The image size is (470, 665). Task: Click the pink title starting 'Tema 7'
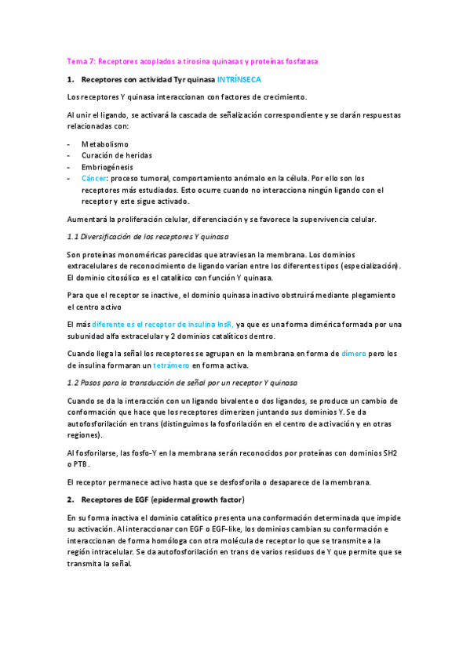[x=192, y=61]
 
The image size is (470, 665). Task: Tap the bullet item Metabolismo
[x=105, y=144]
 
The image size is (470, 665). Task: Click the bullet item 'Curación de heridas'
[x=117, y=155]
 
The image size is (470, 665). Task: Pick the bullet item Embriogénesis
[x=107, y=167]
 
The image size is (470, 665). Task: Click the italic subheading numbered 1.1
[x=148, y=236]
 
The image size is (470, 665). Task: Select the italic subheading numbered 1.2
[x=182, y=382]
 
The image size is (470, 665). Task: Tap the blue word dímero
[x=354, y=354]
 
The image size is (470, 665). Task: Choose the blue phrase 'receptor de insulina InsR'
[x=188, y=324]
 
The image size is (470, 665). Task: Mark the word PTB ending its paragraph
[x=77, y=463]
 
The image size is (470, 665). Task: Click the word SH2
[x=390, y=452]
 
